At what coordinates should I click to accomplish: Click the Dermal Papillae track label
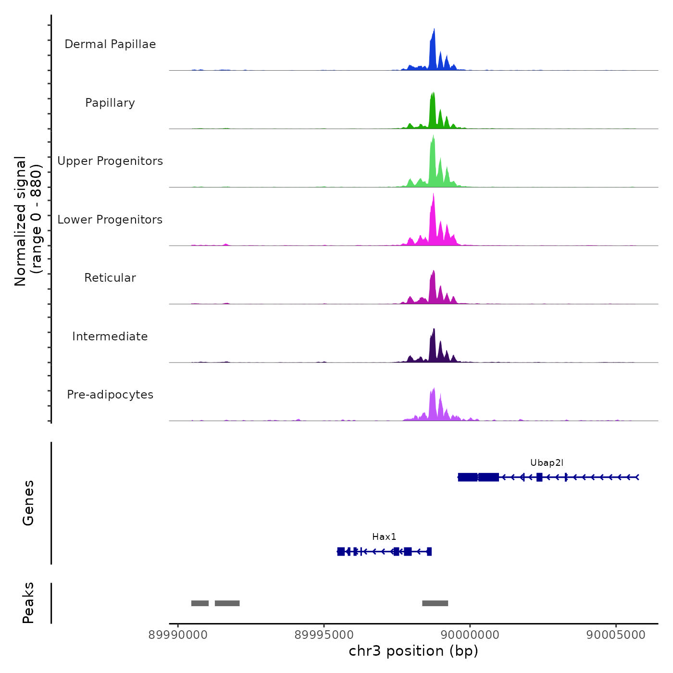[x=110, y=44]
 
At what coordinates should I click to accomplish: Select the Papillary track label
[x=110, y=103]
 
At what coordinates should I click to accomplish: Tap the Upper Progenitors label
[x=110, y=161]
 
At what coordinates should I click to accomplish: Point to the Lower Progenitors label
[x=110, y=220]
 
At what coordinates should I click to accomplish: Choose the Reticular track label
[x=110, y=278]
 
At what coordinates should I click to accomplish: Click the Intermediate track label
[x=110, y=336]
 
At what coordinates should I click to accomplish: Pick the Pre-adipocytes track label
[x=110, y=395]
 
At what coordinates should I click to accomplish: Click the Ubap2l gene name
[x=547, y=463]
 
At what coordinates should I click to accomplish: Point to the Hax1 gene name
[x=384, y=537]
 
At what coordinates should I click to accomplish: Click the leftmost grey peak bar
[x=200, y=603]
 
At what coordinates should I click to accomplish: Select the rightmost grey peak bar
[x=435, y=603]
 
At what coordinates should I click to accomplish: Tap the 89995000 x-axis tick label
[x=324, y=635]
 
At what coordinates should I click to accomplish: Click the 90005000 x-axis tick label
[x=616, y=635]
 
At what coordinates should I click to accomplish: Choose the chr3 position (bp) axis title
[x=413, y=651]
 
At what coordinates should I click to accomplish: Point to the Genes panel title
[x=28, y=503]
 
